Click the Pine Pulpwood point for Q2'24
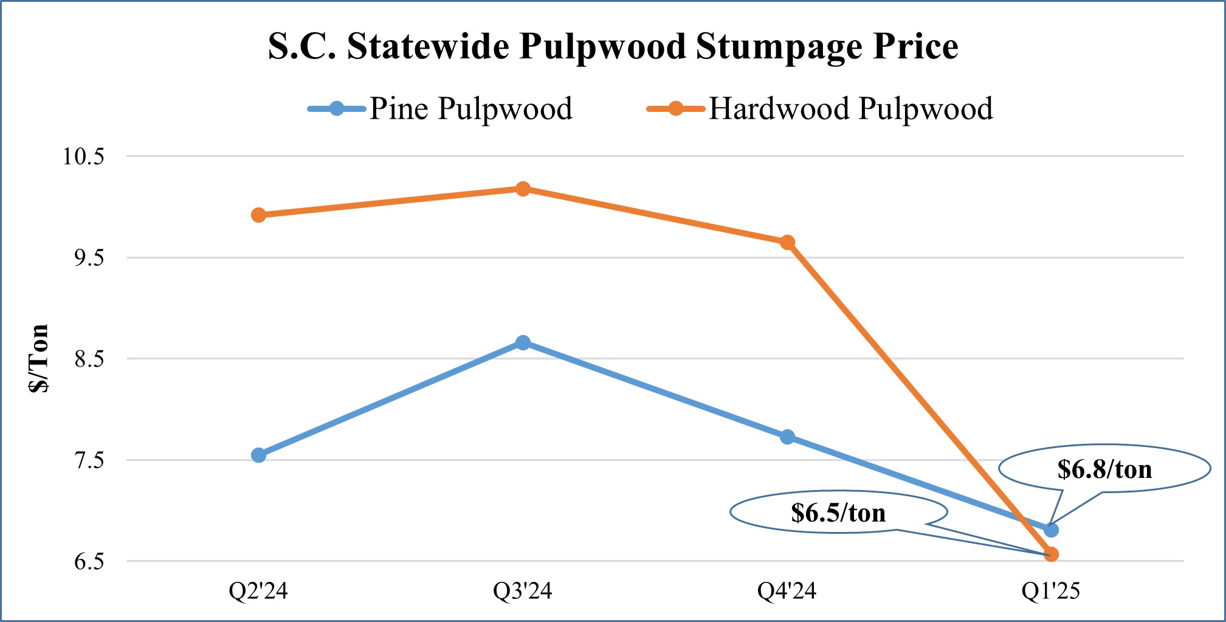point(258,455)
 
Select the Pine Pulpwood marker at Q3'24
point(523,343)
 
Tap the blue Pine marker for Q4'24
point(787,437)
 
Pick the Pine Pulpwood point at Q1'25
point(1051,530)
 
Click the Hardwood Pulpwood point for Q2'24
point(258,215)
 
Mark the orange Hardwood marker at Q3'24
point(523,188)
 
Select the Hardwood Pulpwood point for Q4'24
point(787,242)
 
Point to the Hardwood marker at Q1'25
point(1051,554)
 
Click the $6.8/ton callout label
point(1104,469)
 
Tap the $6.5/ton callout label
point(838,513)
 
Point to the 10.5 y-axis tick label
point(84,156)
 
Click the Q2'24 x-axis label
point(258,590)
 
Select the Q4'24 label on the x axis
point(787,590)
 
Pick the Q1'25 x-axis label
point(1051,590)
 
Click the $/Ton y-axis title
point(39,359)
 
